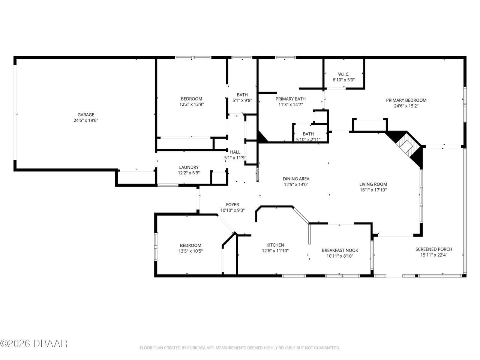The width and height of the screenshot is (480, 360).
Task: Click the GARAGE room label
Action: click(x=86, y=115)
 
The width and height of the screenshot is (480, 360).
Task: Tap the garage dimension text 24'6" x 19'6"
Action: click(x=86, y=120)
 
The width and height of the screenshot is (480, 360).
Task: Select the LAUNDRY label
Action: click(x=189, y=167)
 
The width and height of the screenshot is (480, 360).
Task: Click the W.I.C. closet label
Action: click(x=343, y=74)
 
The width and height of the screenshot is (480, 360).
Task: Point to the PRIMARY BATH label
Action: click(x=291, y=99)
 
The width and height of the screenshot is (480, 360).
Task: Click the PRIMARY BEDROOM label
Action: click(x=406, y=100)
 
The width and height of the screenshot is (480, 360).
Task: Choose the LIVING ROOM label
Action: click(x=373, y=184)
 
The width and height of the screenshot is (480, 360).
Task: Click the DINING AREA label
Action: click(x=296, y=179)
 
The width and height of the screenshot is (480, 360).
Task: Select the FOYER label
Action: click(x=232, y=205)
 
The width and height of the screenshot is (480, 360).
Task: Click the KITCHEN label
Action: click(x=275, y=245)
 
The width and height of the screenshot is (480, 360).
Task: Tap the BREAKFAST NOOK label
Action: click(x=340, y=250)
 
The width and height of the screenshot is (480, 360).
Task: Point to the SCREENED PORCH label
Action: click(x=433, y=249)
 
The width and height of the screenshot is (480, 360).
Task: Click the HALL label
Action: click(x=235, y=152)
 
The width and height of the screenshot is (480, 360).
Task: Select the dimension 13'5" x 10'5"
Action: click(x=191, y=251)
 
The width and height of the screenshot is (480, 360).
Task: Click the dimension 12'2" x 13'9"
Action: click(x=191, y=105)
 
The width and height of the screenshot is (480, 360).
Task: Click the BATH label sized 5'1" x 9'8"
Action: click(x=242, y=95)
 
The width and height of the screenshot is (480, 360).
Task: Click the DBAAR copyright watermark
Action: click(x=34, y=343)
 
